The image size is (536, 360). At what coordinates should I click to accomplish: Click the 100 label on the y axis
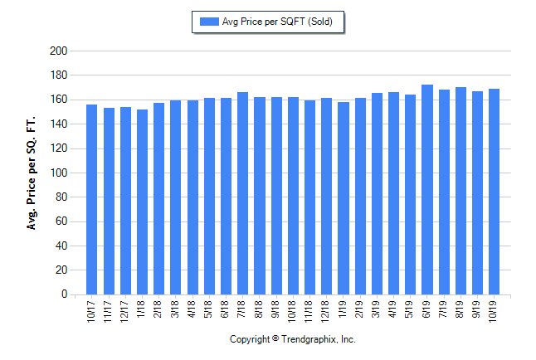pyautogui.click(x=58, y=173)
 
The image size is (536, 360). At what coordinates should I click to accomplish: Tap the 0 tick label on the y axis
pyautogui.click(x=63, y=294)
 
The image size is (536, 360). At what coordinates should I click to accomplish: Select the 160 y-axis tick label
pyautogui.click(x=58, y=100)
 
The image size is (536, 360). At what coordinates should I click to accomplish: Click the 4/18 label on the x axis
pyautogui.click(x=192, y=308)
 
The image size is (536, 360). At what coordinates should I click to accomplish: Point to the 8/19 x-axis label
pyautogui.click(x=461, y=308)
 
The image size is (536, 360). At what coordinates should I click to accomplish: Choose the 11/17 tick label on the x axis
pyautogui.click(x=109, y=308)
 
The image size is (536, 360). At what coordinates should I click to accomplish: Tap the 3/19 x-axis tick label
pyautogui.click(x=378, y=308)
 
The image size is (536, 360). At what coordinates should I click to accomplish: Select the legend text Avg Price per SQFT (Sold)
pyautogui.click(x=279, y=21)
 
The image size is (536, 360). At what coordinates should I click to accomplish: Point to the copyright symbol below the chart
pyautogui.click(x=275, y=339)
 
